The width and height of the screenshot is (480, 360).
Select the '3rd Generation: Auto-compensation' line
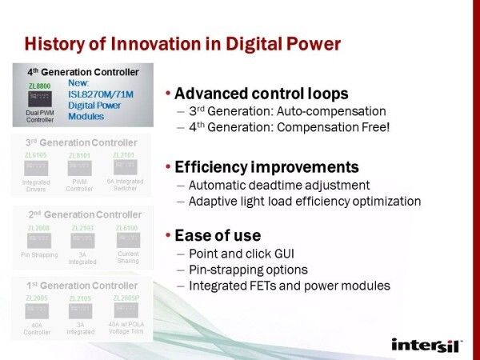coord(286,111)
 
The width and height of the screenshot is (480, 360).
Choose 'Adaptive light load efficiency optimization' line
coord(304,201)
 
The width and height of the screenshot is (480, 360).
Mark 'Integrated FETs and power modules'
coord(288,286)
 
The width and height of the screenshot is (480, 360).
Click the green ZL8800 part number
coord(39,85)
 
